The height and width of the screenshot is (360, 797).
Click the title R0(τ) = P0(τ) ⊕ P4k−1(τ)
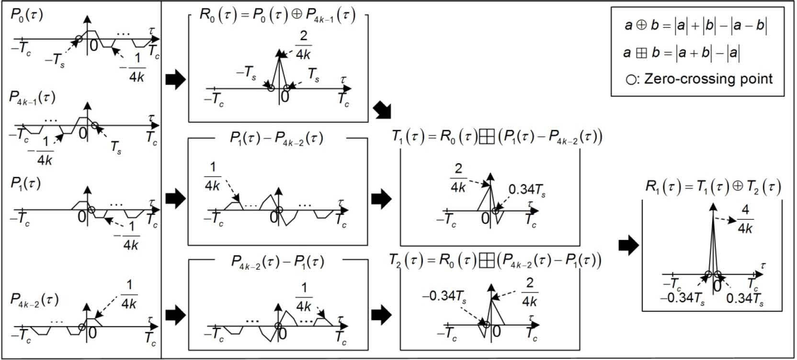tap(277, 15)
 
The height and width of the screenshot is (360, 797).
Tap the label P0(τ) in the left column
tap(27, 14)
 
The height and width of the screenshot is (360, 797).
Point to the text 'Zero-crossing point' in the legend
tap(708, 79)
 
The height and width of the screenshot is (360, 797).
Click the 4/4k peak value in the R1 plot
tap(745, 219)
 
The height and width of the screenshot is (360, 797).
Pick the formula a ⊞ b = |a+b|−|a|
tap(682, 53)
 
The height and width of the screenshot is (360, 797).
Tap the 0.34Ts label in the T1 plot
tap(526, 190)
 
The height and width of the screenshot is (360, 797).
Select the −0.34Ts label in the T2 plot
tap(444, 296)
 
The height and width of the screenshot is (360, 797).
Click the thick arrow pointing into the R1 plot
tap(628, 245)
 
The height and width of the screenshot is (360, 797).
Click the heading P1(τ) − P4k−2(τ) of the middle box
tap(276, 139)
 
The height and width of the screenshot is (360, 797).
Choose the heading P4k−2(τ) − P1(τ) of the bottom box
tap(277, 262)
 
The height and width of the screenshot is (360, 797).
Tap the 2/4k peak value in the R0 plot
tap(303, 45)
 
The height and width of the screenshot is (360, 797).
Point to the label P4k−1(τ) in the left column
tap(32, 97)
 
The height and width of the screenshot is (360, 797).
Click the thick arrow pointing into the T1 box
tap(381, 198)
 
